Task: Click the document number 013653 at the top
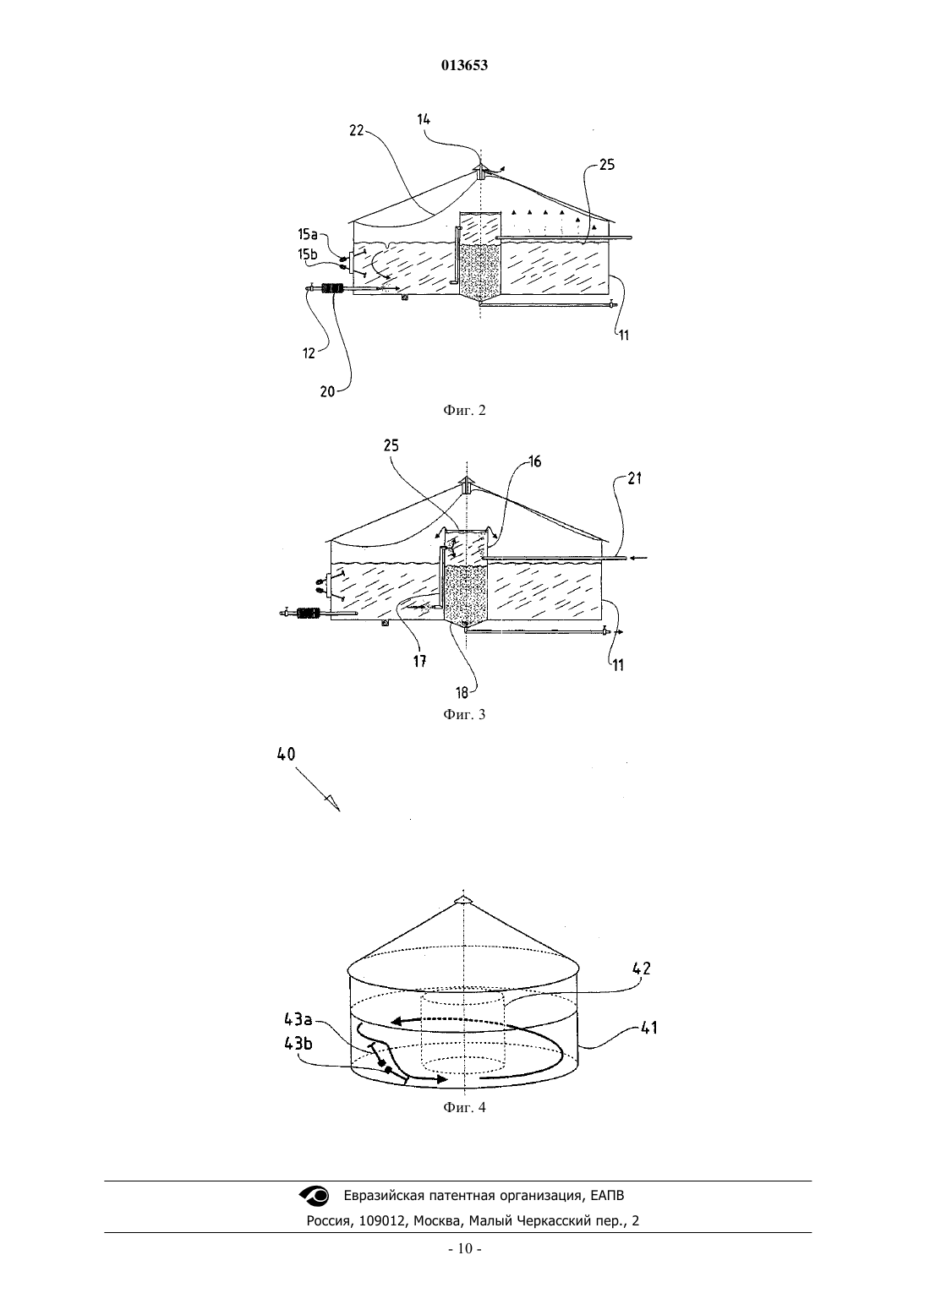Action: point(464,65)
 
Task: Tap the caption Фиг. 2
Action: point(464,410)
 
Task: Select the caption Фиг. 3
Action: point(464,714)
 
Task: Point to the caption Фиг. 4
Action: point(464,1107)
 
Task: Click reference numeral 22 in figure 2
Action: point(357,130)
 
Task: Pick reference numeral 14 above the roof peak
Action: point(424,119)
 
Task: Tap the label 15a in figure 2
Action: point(308,235)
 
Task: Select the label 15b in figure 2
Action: point(308,254)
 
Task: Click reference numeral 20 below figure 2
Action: point(328,391)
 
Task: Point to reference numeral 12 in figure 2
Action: point(309,352)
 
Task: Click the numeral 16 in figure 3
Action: point(534,462)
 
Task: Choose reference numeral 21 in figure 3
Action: point(635,478)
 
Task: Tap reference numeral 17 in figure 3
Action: point(420,662)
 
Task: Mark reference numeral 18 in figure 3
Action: point(462,693)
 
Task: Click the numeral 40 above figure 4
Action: point(286,755)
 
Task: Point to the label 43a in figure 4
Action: point(299,1020)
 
